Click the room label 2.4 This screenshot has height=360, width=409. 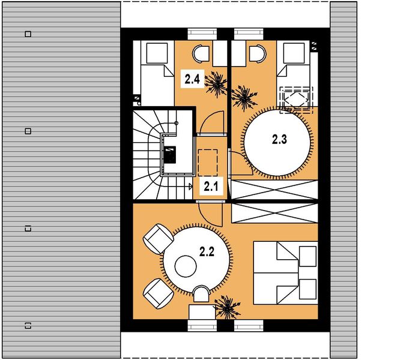click(x=192, y=79)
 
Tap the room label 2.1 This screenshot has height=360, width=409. click(x=211, y=187)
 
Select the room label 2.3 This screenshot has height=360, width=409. click(x=279, y=139)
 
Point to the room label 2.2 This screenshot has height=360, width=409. click(x=207, y=252)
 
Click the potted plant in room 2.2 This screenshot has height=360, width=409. click(x=227, y=308)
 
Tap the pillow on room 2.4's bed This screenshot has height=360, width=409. click(x=157, y=53)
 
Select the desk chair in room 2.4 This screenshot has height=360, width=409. click(x=201, y=54)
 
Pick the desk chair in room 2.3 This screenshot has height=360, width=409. click(x=258, y=54)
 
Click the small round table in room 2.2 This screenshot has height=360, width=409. click(x=186, y=266)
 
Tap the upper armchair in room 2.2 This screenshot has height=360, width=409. click(x=158, y=239)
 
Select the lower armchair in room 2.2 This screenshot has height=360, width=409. click(x=158, y=293)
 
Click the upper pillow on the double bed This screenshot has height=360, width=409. click(x=308, y=256)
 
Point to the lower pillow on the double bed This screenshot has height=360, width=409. click(x=308, y=289)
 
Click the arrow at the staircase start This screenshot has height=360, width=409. click(x=190, y=186)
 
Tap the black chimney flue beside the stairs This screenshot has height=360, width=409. click(x=170, y=155)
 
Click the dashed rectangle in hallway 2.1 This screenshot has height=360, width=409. click(x=208, y=163)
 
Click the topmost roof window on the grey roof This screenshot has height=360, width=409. click(x=28, y=34)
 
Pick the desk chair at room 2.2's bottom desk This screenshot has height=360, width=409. click(x=201, y=294)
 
